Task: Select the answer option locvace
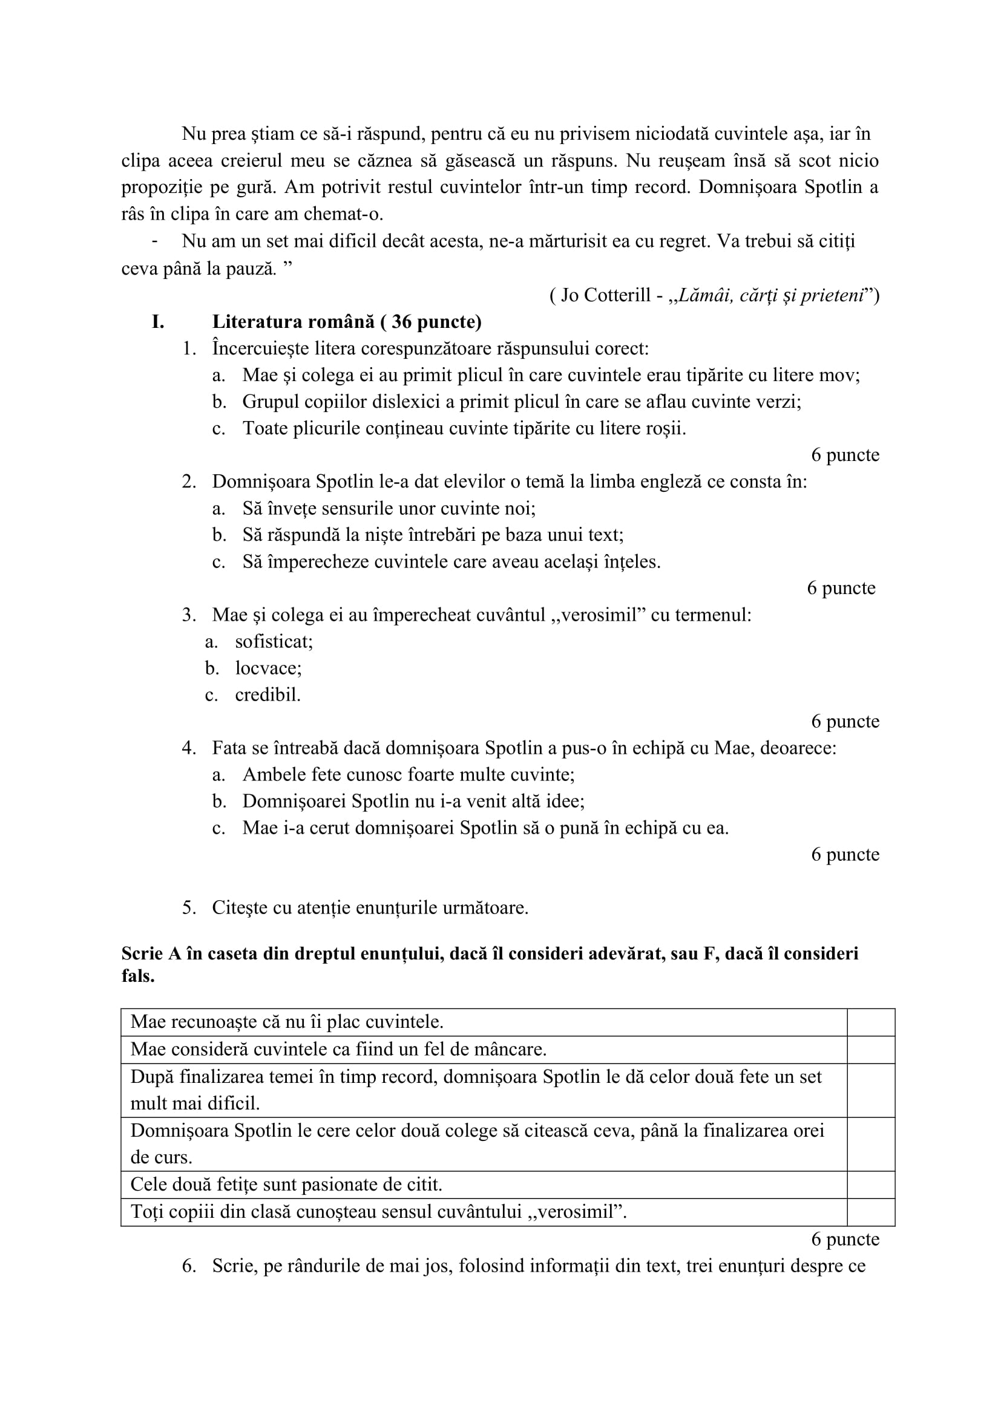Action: coord(268,668)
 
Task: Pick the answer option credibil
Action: coord(267,694)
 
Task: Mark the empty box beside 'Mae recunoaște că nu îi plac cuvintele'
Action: coord(870,1022)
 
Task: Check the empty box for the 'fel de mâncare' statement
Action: coord(870,1050)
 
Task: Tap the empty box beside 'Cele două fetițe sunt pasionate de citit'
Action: coord(870,1185)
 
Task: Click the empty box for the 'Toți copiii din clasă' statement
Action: coord(870,1212)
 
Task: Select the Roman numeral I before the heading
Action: coord(158,322)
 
